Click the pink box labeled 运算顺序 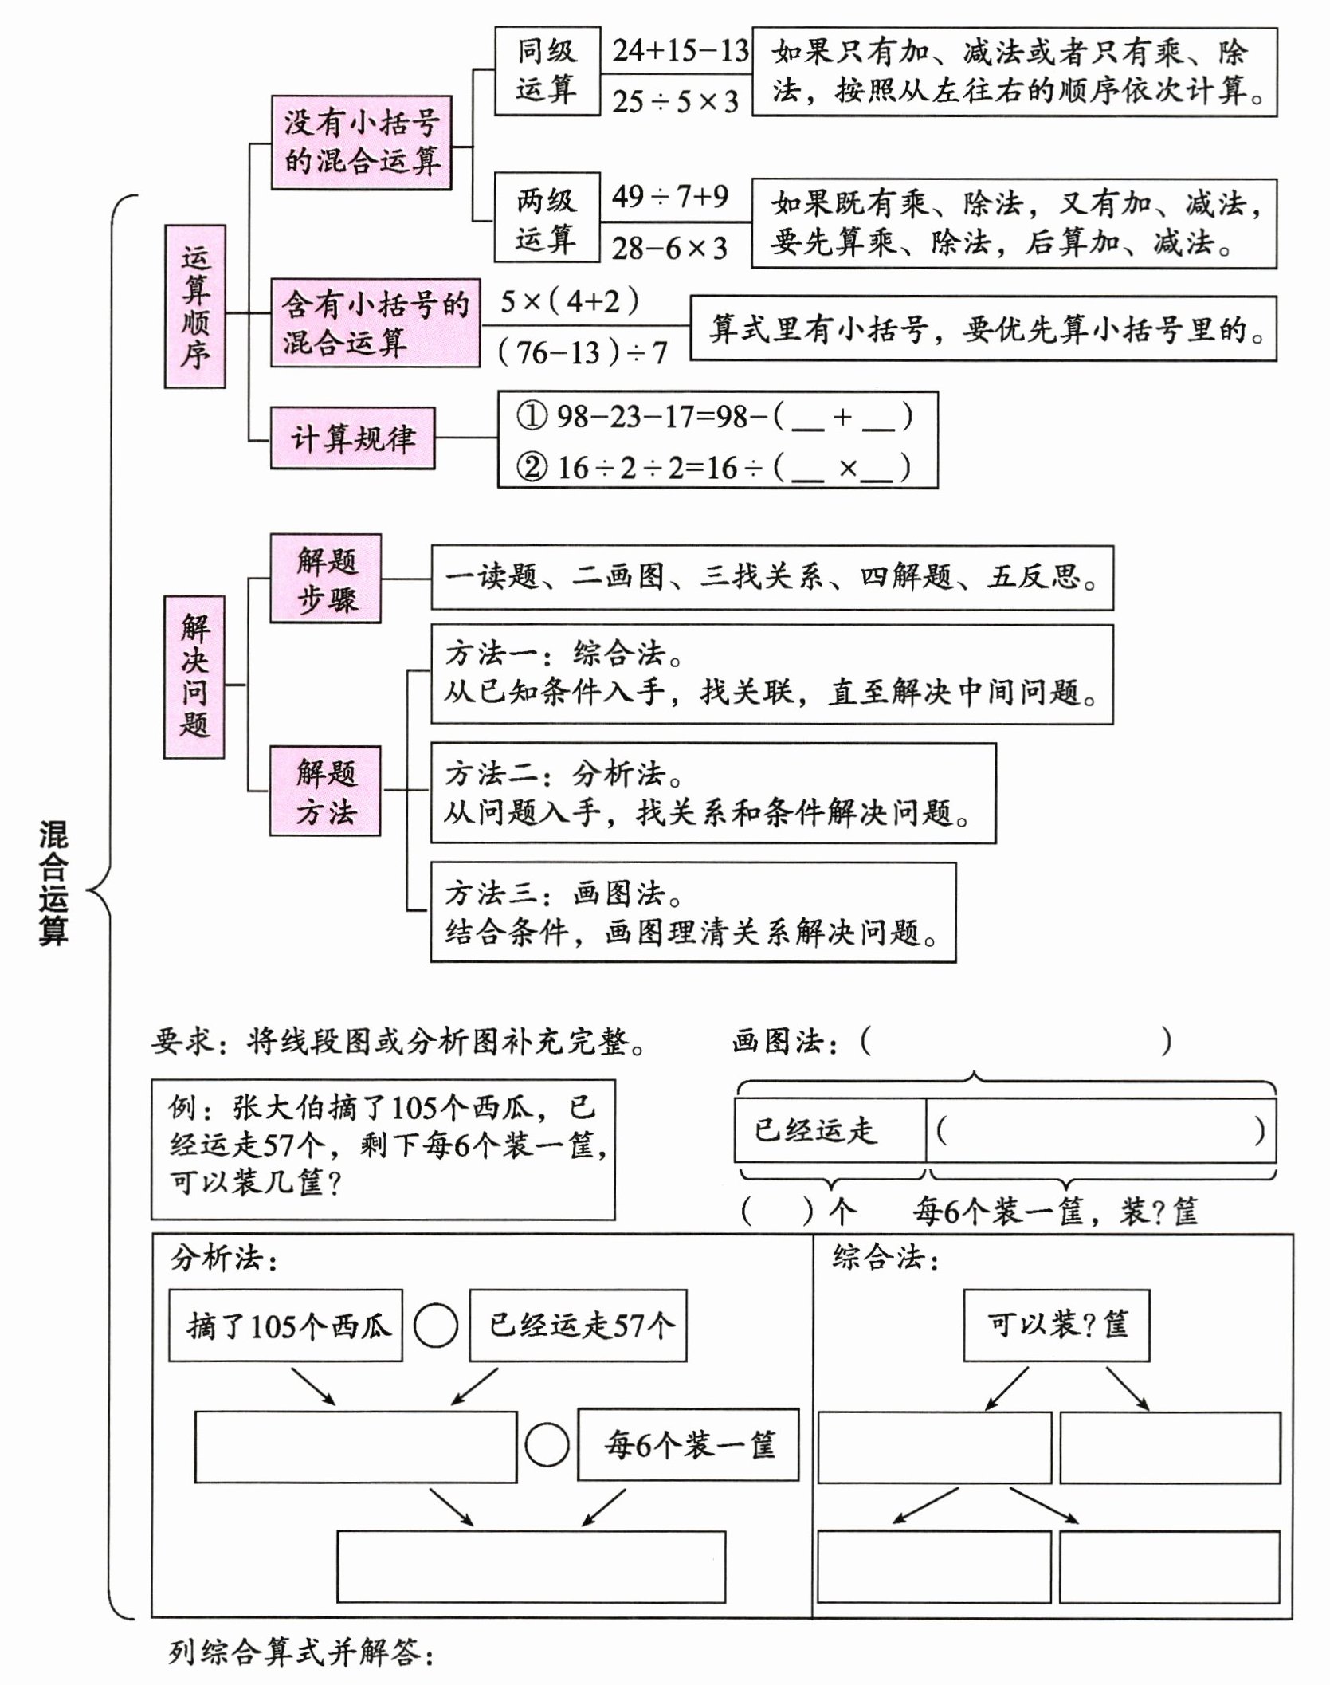194,306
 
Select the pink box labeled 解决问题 194,676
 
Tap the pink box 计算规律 352,438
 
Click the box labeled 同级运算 546,71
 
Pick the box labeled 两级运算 546,218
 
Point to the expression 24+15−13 680,51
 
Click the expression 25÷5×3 675,102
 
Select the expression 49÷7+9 669,196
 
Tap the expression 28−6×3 669,249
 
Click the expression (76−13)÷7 583,352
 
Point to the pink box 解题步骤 325,579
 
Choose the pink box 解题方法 325,791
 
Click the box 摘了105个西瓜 285,1325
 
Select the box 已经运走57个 578,1325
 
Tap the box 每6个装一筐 688,1444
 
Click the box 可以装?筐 1056,1325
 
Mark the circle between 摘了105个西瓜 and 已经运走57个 436,1326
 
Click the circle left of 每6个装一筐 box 547,1444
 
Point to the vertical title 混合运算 53,883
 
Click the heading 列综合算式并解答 301,1653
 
